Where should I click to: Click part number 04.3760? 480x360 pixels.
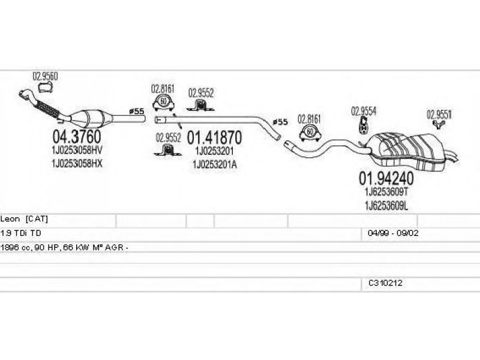click(x=77, y=137)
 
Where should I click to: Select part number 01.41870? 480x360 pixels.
click(x=214, y=138)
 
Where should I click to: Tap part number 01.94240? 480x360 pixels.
click(x=386, y=178)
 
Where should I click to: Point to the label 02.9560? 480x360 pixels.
click(x=45, y=76)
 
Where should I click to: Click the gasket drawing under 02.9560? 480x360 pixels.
click(x=46, y=87)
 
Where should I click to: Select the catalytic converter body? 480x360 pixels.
click(x=89, y=119)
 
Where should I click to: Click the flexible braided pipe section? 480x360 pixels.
click(x=47, y=109)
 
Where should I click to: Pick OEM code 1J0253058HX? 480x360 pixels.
click(x=77, y=163)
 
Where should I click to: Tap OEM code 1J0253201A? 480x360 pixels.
click(x=215, y=164)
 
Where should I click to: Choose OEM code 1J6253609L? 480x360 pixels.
click(x=386, y=206)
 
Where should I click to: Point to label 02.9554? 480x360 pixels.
click(x=364, y=111)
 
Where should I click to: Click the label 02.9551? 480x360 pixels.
click(x=439, y=115)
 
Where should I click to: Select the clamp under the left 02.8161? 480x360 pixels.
click(x=163, y=102)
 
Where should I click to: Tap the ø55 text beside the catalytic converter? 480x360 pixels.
click(x=137, y=112)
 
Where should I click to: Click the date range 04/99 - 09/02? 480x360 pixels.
click(x=393, y=233)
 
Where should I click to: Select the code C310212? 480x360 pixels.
click(x=385, y=283)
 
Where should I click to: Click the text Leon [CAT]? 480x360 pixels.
click(x=24, y=219)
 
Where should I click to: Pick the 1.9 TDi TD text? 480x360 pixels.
click(x=21, y=233)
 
